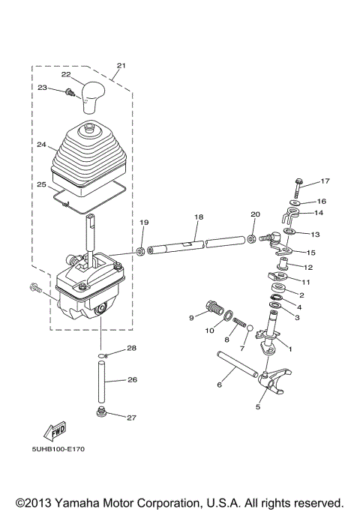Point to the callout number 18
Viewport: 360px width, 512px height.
tap(198, 217)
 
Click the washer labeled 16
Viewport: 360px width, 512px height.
tap(295, 202)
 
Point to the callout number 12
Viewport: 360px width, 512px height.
tap(307, 268)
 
